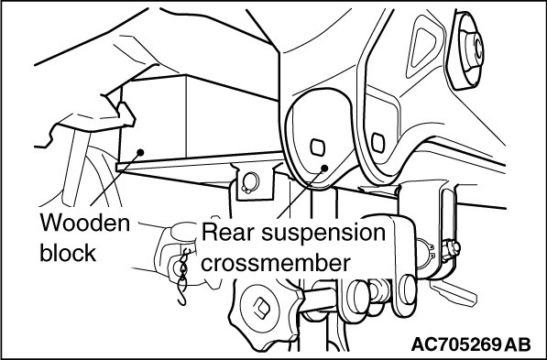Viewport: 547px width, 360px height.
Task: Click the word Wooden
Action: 85,224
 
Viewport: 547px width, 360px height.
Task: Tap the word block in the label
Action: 68,252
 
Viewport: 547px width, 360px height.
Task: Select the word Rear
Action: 227,232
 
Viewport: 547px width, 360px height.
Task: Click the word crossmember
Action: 276,262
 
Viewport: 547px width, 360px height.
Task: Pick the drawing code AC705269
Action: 456,344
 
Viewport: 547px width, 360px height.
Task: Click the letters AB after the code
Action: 518,344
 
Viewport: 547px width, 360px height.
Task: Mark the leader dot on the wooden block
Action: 140,152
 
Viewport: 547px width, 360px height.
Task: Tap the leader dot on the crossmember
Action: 324,169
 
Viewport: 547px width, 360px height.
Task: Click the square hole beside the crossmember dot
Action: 317,147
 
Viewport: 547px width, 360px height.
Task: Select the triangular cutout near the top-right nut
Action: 422,46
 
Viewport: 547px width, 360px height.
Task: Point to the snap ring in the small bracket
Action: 250,182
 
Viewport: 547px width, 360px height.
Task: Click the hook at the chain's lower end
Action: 182,296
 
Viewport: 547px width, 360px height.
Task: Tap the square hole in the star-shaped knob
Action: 261,306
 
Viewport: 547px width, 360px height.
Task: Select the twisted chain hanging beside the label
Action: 183,276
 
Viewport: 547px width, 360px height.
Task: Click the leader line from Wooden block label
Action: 115,179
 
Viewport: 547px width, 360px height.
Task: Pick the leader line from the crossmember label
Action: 301,193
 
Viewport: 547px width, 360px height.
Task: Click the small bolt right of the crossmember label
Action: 451,250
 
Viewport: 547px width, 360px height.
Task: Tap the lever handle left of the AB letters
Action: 454,292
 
